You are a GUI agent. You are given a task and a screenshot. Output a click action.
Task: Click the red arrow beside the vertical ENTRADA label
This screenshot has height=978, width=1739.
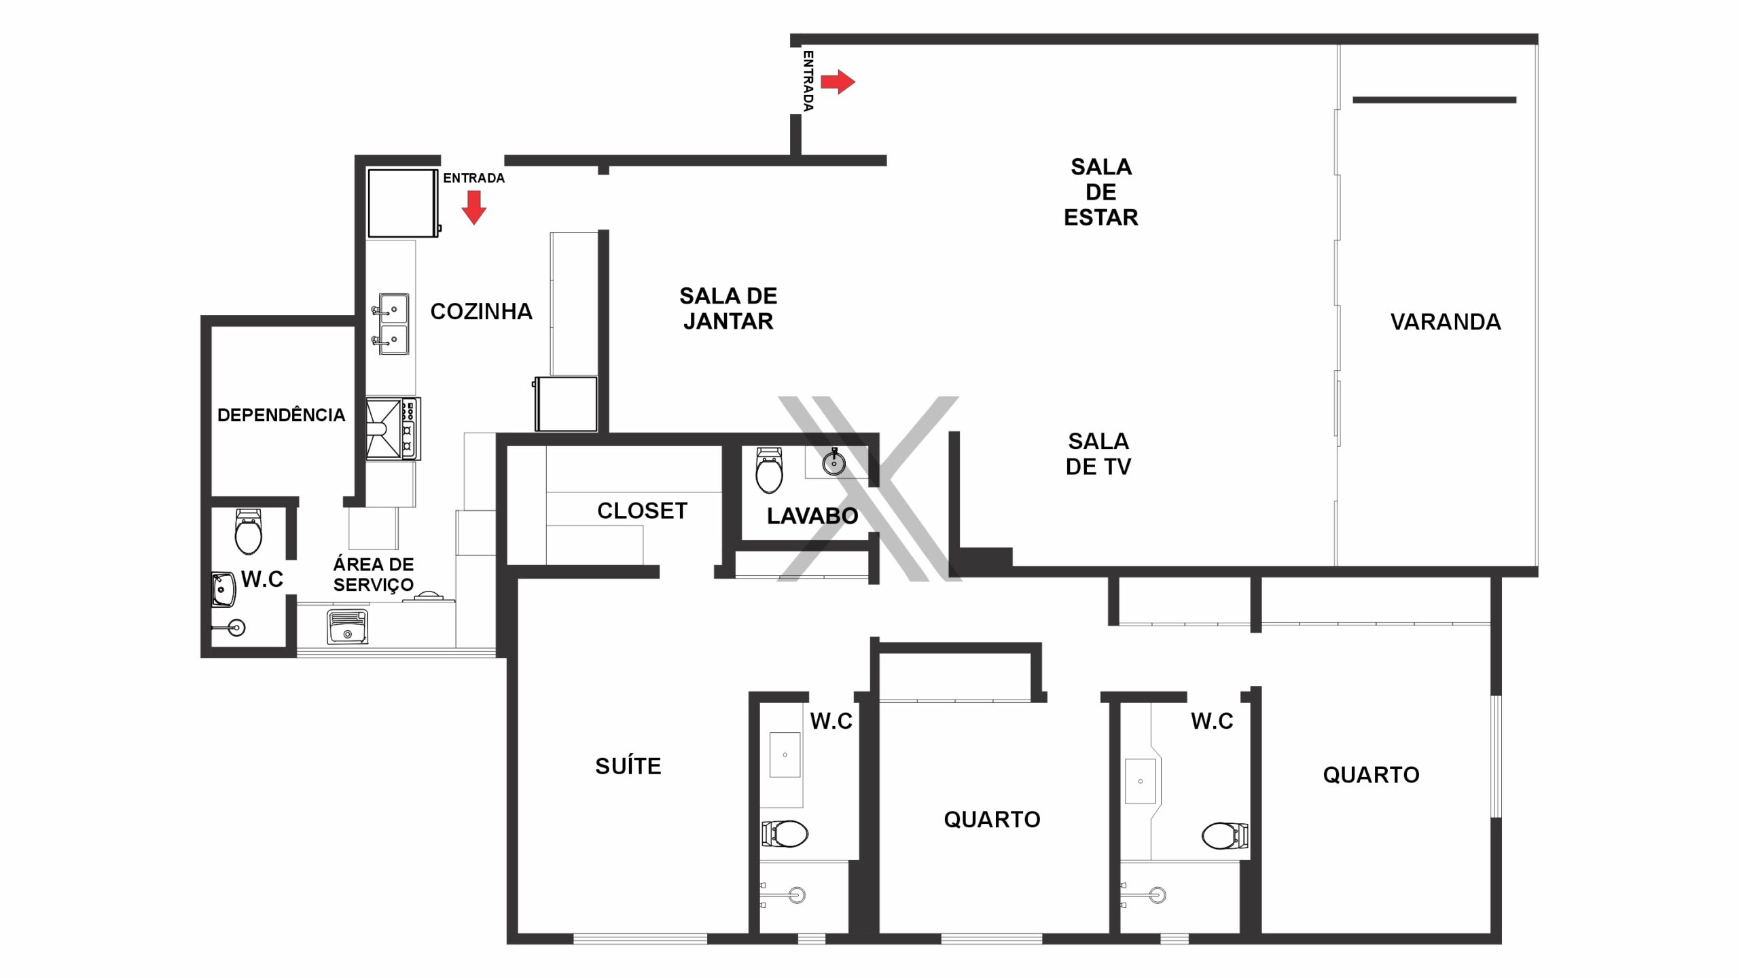[x=838, y=82]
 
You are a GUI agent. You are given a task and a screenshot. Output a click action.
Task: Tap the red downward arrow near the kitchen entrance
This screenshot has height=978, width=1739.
[x=474, y=207]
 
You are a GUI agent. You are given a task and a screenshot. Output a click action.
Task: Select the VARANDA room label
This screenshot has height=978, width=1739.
[x=1446, y=322]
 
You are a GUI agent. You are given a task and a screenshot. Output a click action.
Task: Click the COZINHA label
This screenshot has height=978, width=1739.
[x=481, y=312]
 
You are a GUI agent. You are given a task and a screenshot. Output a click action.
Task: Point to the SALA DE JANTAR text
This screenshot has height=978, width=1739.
[x=728, y=308]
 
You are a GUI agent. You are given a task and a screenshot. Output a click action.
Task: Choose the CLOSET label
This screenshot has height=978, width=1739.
[x=642, y=511]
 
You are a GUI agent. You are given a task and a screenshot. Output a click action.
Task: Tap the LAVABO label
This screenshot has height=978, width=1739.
[x=812, y=516]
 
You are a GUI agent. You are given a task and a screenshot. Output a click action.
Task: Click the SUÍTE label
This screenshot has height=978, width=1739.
[x=628, y=765]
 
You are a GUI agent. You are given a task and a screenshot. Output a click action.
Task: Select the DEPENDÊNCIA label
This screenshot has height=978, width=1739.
[x=281, y=415]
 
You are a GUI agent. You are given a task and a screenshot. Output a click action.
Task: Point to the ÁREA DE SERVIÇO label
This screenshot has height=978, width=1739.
[x=373, y=575]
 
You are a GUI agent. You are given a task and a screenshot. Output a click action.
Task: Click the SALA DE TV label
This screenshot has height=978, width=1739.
[x=1098, y=454]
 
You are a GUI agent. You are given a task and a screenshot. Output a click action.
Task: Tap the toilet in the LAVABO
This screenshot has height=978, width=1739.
[x=769, y=470]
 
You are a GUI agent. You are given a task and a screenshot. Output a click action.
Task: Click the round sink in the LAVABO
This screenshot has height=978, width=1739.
[x=833, y=462]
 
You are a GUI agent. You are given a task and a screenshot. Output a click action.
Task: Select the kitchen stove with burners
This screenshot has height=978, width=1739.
[x=393, y=429]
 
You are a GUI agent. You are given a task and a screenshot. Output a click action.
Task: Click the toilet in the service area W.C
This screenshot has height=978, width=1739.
[x=248, y=532]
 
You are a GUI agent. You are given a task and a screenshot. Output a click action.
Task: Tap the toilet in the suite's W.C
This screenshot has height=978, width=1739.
[x=785, y=833]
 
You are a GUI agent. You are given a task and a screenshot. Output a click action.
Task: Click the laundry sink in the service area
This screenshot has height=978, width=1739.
[x=347, y=627]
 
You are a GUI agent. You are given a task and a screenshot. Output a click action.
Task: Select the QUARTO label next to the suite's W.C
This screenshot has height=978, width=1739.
[x=992, y=820]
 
